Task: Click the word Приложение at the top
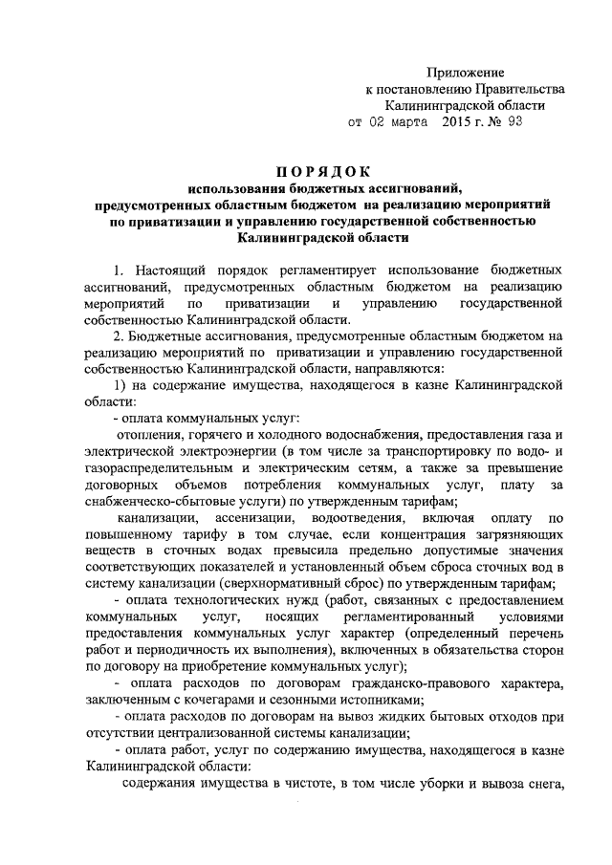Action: pyautogui.click(x=465, y=72)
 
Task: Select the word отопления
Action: pyautogui.click(x=148, y=435)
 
